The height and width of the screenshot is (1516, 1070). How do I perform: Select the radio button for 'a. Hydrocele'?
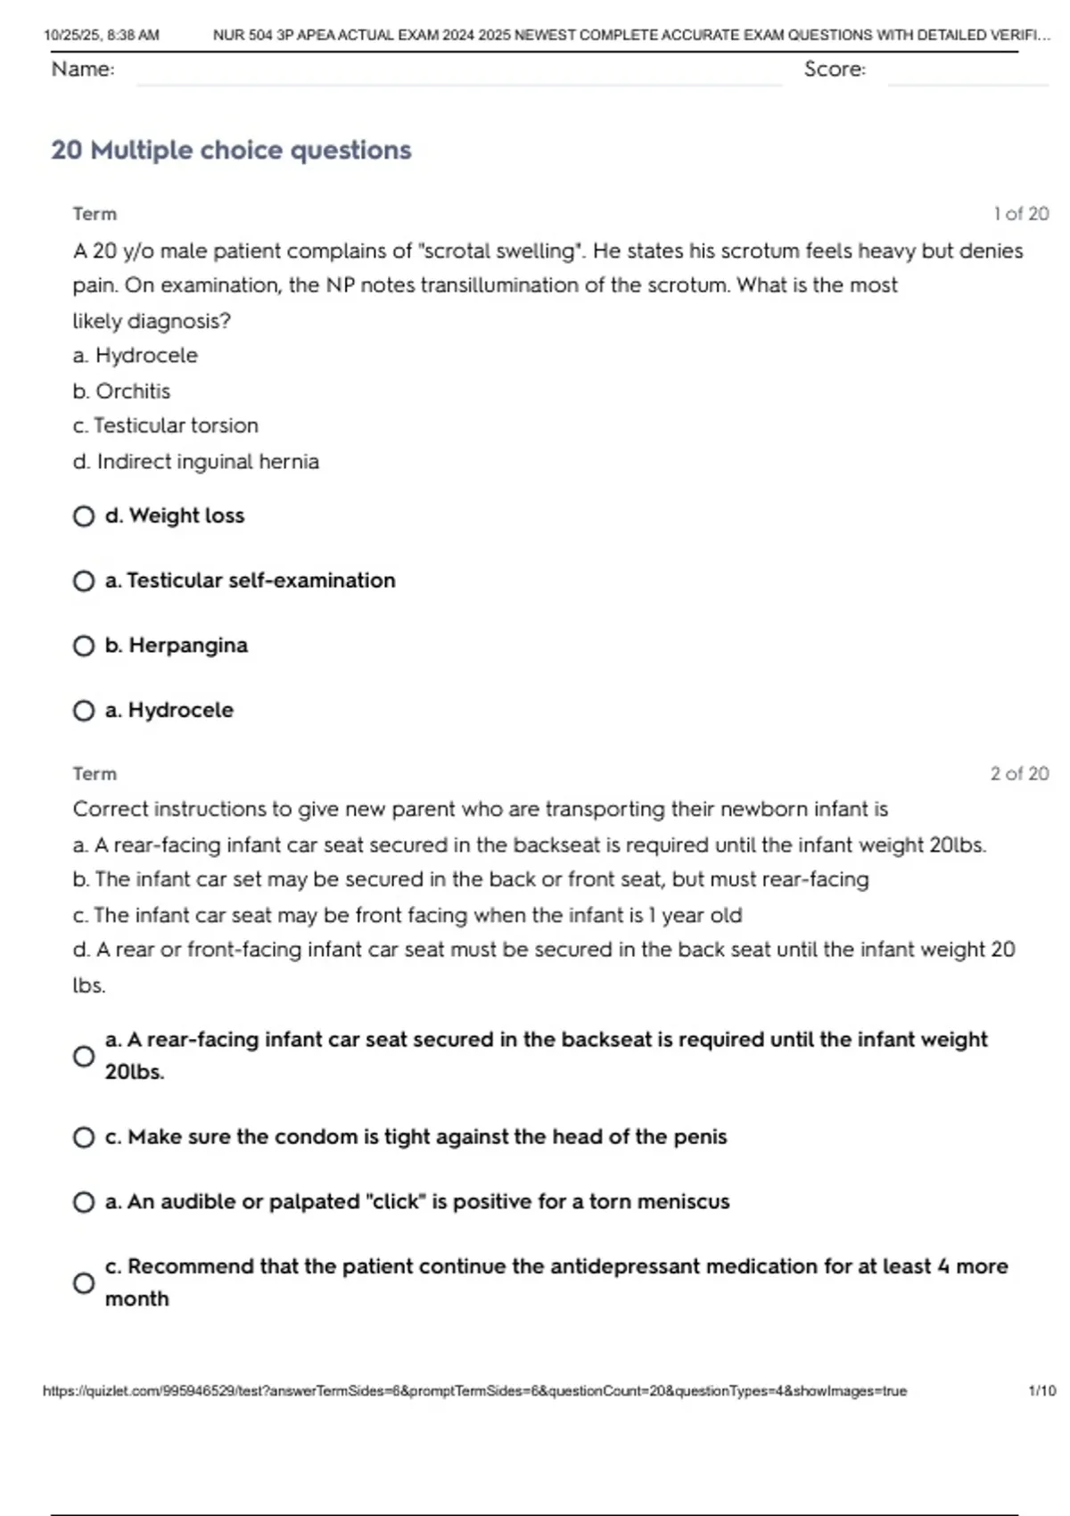click(x=84, y=711)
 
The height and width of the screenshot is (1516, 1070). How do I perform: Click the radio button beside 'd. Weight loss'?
click(x=84, y=516)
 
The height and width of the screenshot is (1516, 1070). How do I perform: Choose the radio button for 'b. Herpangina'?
click(x=84, y=646)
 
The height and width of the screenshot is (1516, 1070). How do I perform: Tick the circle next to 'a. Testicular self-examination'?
click(x=84, y=581)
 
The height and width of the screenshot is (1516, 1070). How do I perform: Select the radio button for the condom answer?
click(x=84, y=1138)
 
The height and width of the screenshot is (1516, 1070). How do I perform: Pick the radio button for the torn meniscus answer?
click(x=84, y=1203)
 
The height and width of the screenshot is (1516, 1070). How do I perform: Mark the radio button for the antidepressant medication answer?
click(x=84, y=1283)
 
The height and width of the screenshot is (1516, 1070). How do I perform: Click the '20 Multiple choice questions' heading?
click(x=231, y=150)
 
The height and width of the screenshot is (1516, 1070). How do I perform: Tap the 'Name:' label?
click(x=83, y=69)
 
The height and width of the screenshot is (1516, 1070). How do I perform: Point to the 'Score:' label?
click(x=835, y=69)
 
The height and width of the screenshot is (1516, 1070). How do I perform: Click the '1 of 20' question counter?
click(x=1021, y=214)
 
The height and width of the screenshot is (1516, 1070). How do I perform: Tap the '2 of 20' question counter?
click(x=1019, y=774)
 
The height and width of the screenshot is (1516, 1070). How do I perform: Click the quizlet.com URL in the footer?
click(x=474, y=1391)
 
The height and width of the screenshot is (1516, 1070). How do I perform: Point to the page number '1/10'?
click(x=1041, y=1391)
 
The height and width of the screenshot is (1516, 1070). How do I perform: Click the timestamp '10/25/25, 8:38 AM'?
click(x=102, y=36)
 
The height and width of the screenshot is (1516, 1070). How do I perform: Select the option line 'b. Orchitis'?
click(x=121, y=391)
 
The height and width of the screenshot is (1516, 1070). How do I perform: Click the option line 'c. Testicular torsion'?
click(x=166, y=426)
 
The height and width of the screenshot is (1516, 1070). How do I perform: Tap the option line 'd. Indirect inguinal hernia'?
click(x=196, y=462)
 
